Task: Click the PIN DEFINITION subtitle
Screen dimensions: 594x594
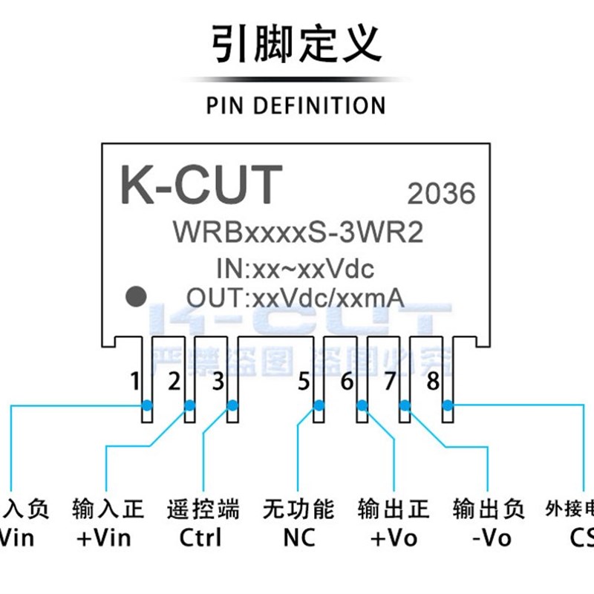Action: coord(296,105)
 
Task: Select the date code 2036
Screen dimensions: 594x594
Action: coord(441,194)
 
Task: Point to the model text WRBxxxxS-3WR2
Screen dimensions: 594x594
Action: coord(298,232)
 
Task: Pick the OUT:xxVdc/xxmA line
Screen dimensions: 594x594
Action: coord(295,298)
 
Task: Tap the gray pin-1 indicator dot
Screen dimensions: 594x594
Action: coord(135,296)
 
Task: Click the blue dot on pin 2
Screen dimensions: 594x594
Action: coord(189,405)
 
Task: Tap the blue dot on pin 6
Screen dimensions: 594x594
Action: coord(362,405)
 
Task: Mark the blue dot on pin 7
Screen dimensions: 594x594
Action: coord(405,405)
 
